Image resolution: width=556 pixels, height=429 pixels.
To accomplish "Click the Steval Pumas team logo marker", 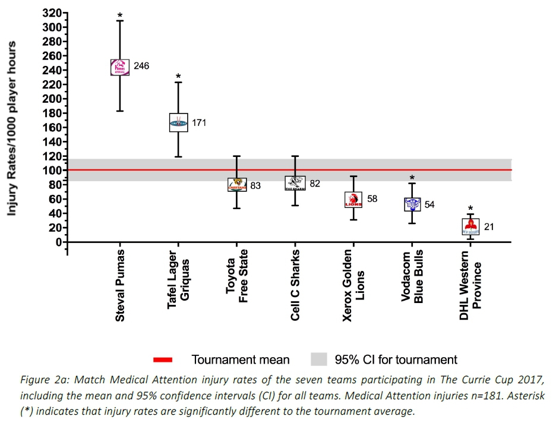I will tap(120, 67).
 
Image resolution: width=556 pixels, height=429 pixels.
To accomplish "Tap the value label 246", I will tap(141, 66).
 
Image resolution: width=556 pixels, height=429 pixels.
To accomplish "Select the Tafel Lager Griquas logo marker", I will tap(178, 122).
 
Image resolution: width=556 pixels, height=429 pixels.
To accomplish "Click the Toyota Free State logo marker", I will tap(237, 184).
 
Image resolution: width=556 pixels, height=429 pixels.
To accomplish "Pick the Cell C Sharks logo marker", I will tap(295, 183).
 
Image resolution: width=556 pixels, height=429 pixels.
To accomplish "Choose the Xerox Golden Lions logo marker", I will tap(353, 200).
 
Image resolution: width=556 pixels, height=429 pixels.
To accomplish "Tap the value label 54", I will tap(429, 204).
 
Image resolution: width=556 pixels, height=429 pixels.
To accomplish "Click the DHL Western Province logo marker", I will tap(470, 226).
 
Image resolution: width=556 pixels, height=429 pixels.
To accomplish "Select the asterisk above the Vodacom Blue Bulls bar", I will tap(412, 178).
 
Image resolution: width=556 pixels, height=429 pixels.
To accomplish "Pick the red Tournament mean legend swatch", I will tap(163, 359).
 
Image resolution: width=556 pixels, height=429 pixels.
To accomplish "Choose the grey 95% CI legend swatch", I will tap(319, 359).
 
